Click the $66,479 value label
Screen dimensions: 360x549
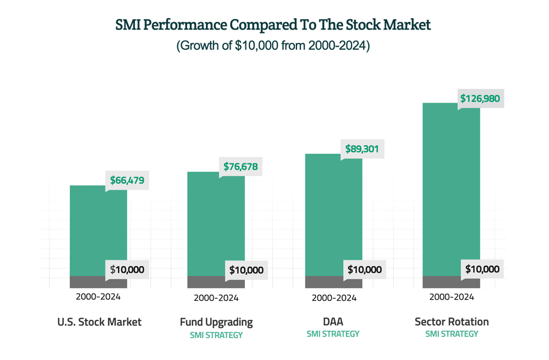[x=127, y=181]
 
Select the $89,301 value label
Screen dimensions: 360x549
[x=362, y=149]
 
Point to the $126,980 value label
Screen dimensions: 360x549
[x=480, y=99]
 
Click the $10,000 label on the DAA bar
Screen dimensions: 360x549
[x=364, y=269]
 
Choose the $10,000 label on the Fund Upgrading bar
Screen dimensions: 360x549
[x=246, y=270]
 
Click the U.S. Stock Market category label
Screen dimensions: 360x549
[x=99, y=322]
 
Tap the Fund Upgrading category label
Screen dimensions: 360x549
[x=216, y=322]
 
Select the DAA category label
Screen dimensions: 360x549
[x=333, y=322]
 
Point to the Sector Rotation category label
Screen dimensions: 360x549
[x=451, y=322]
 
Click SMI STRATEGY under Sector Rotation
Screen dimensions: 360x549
[x=451, y=334]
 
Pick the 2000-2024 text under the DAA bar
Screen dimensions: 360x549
[x=334, y=298]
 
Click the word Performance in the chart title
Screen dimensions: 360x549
[x=187, y=25]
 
